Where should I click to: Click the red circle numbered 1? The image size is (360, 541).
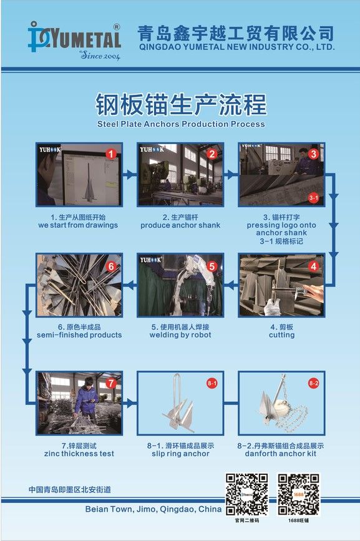point(110,154)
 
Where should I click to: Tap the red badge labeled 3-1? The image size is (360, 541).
point(313,198)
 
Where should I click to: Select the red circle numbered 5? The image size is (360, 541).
point(212,266)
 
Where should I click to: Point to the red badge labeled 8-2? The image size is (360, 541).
point(313,383)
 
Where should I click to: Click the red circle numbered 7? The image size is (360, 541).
point(110,383)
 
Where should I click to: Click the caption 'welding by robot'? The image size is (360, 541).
point(180,334)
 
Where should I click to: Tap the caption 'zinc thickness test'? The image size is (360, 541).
point(79,454)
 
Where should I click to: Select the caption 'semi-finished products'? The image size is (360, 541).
point(79,334)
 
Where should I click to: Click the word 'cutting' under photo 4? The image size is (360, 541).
point(282,335)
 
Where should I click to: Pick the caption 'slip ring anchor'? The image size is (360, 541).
point(180,454)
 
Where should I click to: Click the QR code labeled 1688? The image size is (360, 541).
point(299,494)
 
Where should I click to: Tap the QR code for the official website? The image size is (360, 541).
point(247,494)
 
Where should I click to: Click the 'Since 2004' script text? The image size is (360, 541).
point(100,55)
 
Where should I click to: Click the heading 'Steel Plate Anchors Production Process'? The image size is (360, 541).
point(181,124)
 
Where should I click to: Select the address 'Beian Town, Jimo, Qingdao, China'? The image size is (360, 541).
point(153,509)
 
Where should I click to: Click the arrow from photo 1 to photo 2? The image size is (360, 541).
point(130,174)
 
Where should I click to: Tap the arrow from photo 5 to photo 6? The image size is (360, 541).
point(130,285)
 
